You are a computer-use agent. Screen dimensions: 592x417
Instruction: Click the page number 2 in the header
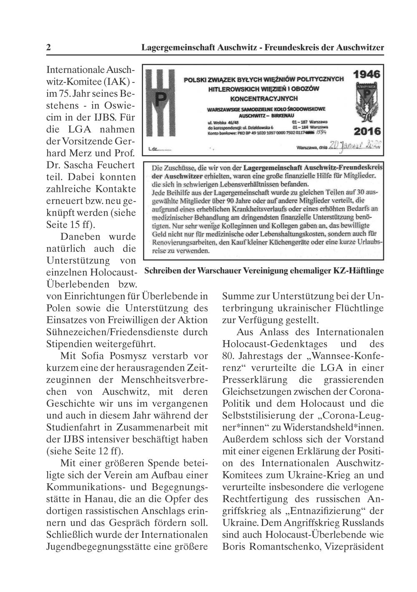(x=49, y=48)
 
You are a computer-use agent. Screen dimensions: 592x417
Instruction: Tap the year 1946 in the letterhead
(x=367, y=75)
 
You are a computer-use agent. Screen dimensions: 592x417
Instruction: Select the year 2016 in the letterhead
(x=367, y=132)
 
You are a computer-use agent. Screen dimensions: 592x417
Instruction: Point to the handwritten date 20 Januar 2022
(x=357, y=147)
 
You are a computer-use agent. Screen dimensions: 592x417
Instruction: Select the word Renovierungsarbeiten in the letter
(x=184, y=242)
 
